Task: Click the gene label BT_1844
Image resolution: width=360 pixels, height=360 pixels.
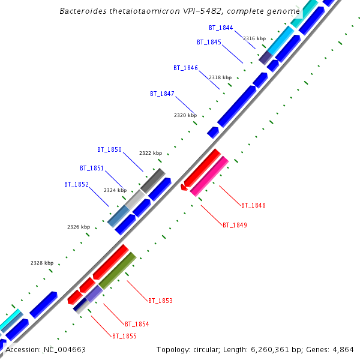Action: (x=221, y=28)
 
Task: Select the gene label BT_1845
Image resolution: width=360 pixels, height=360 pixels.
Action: (x=209, y=42)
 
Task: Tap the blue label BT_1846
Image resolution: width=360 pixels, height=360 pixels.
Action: (x=185, y=68)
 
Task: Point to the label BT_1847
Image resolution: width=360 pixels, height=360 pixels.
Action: (x=162, y=94)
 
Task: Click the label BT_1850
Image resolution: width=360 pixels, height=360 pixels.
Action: (x=109, y=149)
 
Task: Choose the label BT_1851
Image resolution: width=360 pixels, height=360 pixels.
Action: (x=92, y=168)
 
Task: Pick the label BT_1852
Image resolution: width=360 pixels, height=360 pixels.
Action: (x=76, y=184)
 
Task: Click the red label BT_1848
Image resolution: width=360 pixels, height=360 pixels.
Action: (x=253, y=205)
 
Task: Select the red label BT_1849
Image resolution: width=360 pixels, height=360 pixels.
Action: (x=235, y=225)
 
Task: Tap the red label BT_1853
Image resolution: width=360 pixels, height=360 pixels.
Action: (x=160, y=300)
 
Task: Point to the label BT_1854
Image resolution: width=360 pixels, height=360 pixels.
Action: (x=137, y=324)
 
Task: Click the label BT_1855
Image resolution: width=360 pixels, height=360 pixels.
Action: (x=124, y=336)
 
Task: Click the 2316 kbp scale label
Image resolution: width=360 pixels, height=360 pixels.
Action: (x=254, y=38)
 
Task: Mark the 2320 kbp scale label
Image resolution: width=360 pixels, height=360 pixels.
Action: (x=185, y=115)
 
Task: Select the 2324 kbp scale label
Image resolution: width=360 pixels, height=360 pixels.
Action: (x=115, y=190)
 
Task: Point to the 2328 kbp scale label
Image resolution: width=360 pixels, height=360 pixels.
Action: (x=42, y=263)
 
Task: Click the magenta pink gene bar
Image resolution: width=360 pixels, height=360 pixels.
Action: (x=209, y=176)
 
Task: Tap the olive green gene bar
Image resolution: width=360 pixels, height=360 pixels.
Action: (x=117, y=271)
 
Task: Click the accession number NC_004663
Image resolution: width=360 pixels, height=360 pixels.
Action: (x=64, y=349)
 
